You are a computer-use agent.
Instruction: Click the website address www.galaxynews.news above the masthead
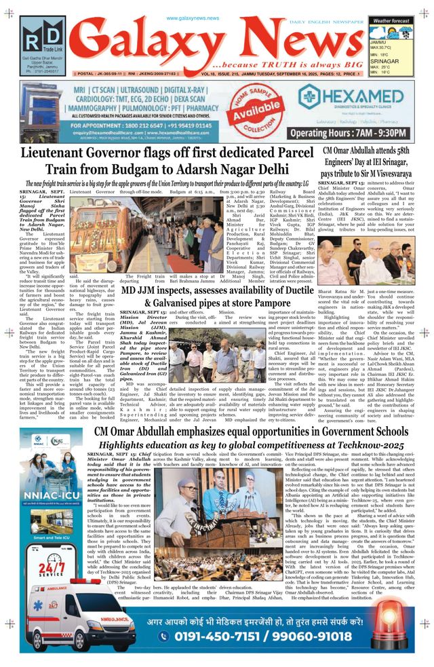tap(193, 18)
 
